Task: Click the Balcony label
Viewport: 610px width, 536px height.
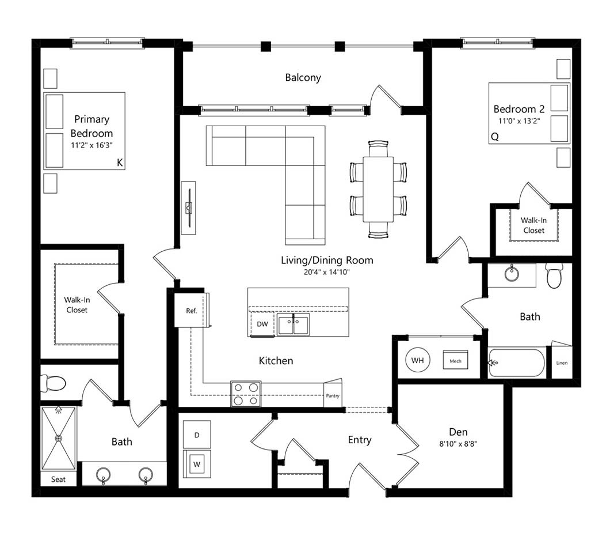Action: pyautogui.click(x=303, y=77)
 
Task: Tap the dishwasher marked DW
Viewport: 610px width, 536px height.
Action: pyautogui.click(x=262, y=324)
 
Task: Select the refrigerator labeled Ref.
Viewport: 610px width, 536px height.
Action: pyautogui.click(x=192, y=311)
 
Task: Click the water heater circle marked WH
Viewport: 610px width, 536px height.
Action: pyautogui.click(x=417, y=360)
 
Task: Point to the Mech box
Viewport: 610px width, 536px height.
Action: pyautogui.click(x=456, y=361)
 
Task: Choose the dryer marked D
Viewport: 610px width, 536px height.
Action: pyautogui.click(x=197, y=435)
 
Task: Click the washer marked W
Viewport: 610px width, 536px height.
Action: pyautogui.click(x=197, y=464)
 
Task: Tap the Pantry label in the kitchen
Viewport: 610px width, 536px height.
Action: pyautogui.click(x=333, y=396)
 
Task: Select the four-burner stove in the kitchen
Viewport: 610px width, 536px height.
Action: pyautogui.click(x=246, y=394)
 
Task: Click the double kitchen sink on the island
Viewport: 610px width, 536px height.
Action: pyautogui.click(x=293, y=324)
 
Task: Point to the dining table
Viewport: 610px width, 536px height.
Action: pyautogui.click(x=378, y=189)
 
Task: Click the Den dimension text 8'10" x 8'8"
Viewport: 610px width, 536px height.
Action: pyautogui.click(x=458, y=444)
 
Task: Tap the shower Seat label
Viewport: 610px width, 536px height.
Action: pyautogui.click(x=58, y=480)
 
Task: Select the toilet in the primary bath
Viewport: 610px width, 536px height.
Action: pyautogui.click(x=53, y=383)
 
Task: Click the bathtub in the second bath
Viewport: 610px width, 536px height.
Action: pyautogui.click(x=517, y=363)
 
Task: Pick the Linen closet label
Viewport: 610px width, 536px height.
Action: pyautogui.click(x=562, y=363)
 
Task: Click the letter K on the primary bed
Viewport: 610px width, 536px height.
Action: pyautogui.click(x=120, y=163)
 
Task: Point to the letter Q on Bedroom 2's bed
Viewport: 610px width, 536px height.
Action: pyautogui.click(x=495, y=137)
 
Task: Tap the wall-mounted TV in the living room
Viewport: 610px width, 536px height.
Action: pyautogui.click(x=189, y=208)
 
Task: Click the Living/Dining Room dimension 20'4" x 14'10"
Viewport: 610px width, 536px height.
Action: pyautogui.click(x=327, y=272)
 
